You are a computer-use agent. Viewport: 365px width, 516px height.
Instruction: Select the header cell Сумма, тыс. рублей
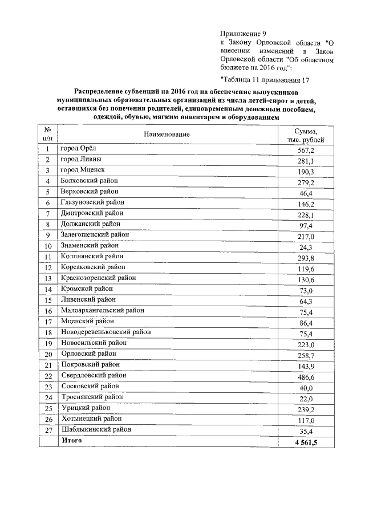[306, 135]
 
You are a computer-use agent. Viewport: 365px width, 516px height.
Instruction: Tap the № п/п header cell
[48, 134]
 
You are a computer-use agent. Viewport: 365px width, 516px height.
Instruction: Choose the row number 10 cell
[48, 246]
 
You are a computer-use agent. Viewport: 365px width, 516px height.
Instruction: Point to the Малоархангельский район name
[102, 310]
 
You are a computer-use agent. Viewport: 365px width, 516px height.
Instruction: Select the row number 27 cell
[48, 430]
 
